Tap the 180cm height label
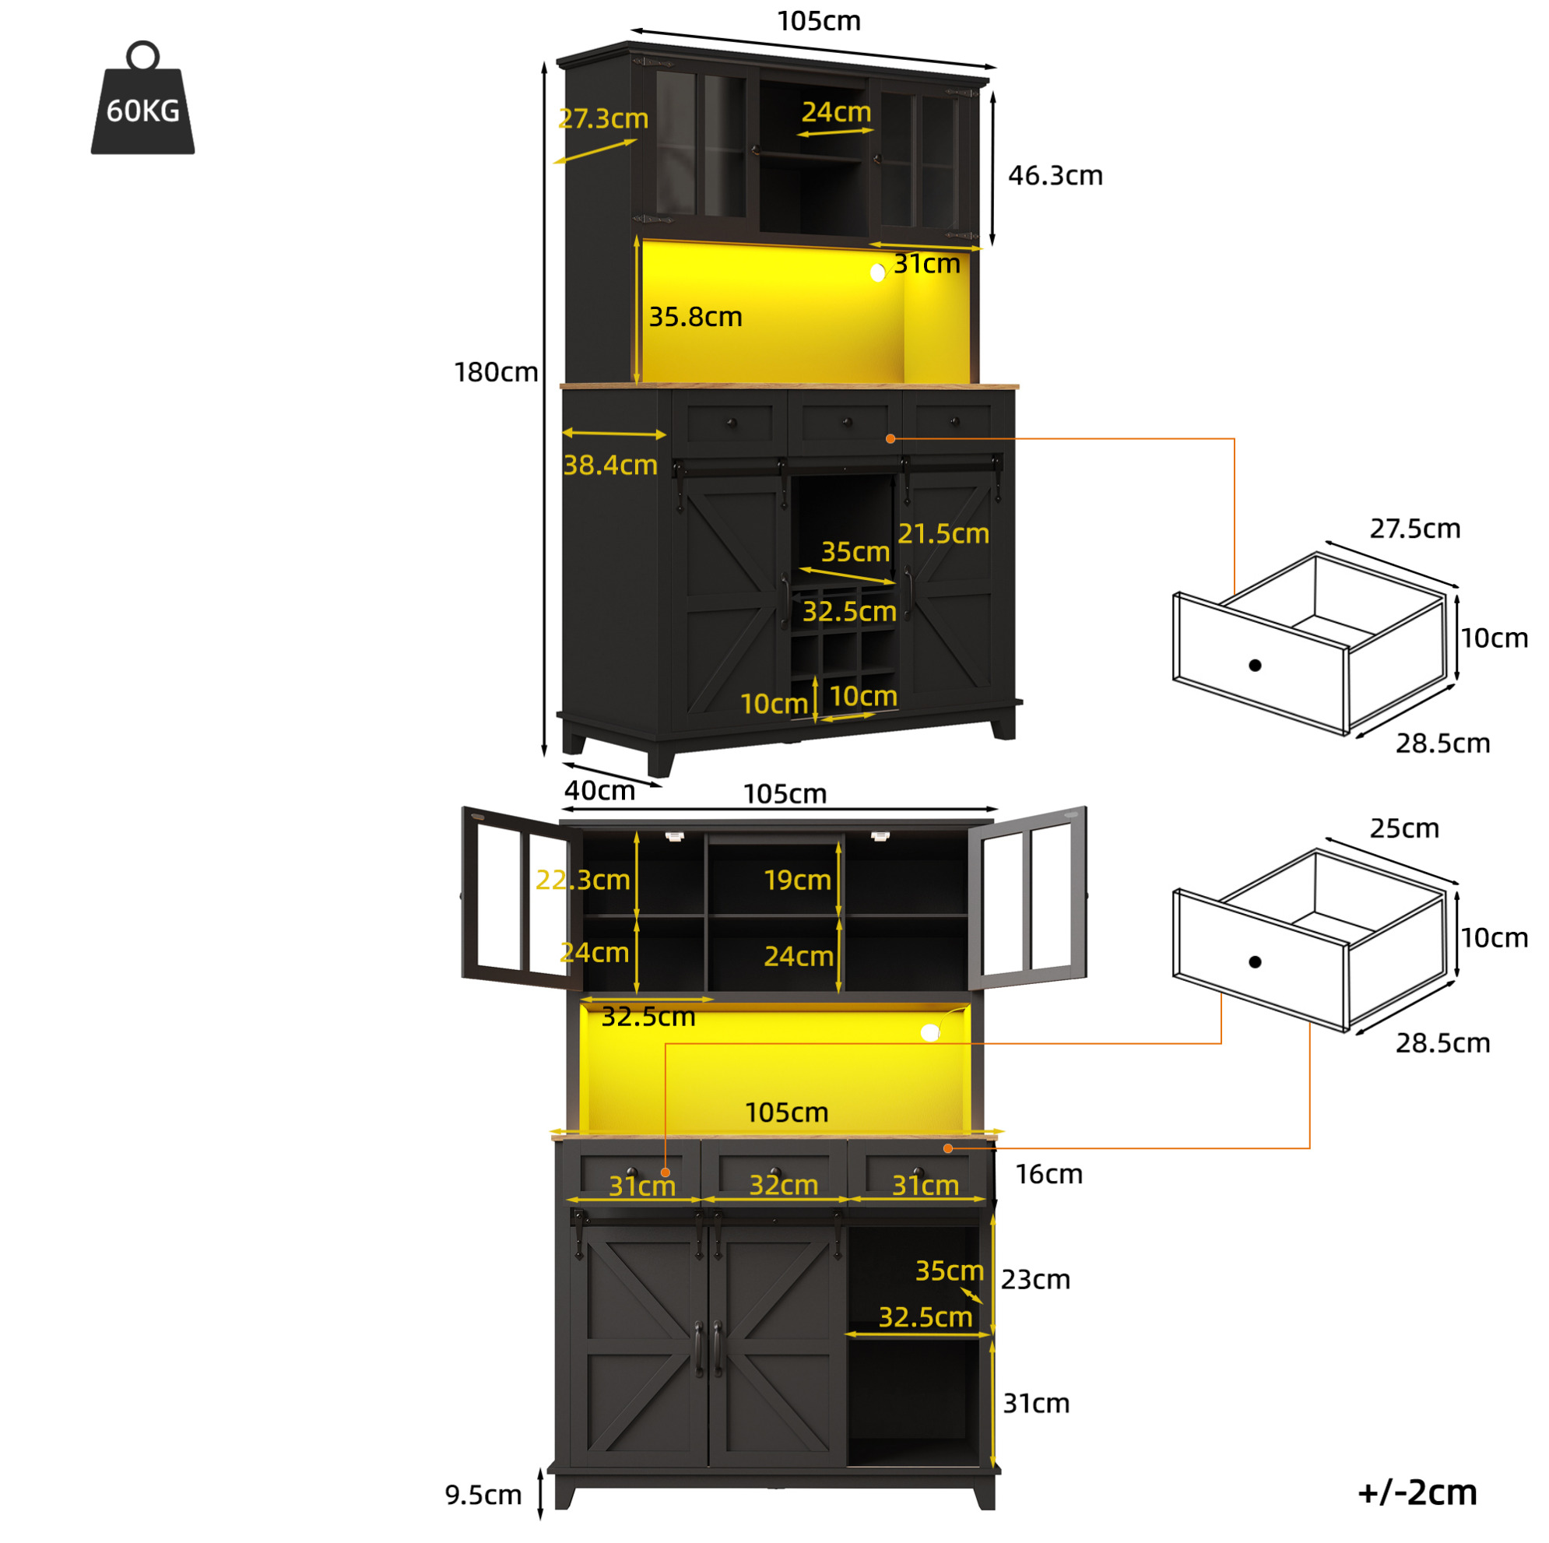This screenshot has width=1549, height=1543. click(x=496, y=372)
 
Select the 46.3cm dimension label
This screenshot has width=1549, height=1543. click(x=1055, y=175)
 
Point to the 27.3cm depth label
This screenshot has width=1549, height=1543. click(x=603, y=118)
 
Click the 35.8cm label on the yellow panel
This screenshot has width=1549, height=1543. click(x=695, y=317)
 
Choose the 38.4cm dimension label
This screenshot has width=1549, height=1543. click(x=610, y=464)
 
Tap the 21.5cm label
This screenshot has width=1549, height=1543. click(x=943, y=533)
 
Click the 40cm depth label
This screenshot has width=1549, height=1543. click(x=599, y=790)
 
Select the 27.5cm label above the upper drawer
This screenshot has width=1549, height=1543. click(x=1415, y=529)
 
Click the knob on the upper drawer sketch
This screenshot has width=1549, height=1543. click(x=1256, y=665)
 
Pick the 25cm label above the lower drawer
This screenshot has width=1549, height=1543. click(x=1405, y=828)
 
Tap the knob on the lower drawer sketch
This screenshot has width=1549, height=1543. click(x=1256, y=961)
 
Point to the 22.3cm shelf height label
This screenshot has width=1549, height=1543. click(x=583, y=880)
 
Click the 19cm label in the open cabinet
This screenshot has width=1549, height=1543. click(x=797, y=880)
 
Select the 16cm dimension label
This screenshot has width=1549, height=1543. click(x=1048, y=1174)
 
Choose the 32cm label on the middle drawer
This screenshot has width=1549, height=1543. click(x=783, y=1185)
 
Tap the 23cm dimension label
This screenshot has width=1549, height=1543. click(x=1035, y=1279)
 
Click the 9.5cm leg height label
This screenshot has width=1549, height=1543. click(x=483, y=1495)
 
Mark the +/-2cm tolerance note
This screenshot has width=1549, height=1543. click(x=1417, y=1492)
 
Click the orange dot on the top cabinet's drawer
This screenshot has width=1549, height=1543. click(x=890, y=438)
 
